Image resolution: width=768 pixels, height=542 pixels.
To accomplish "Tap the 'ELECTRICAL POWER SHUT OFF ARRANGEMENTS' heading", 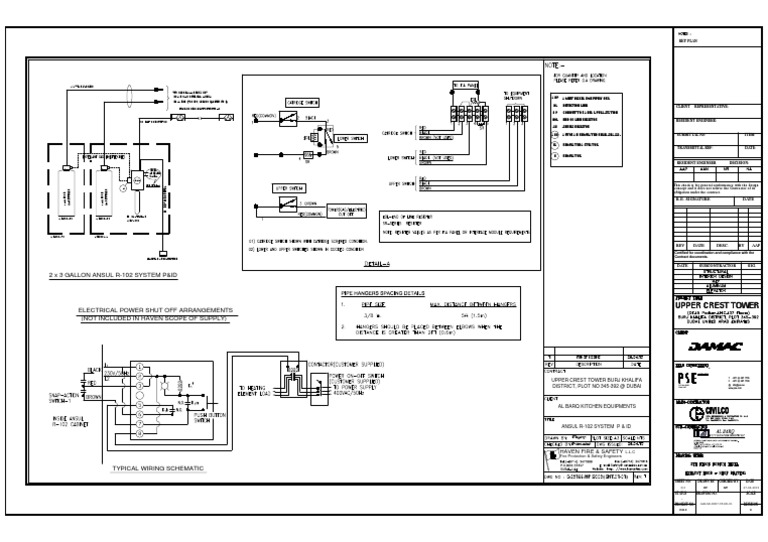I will [155, 310].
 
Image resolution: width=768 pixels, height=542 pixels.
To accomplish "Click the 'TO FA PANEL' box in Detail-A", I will [464, 88].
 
